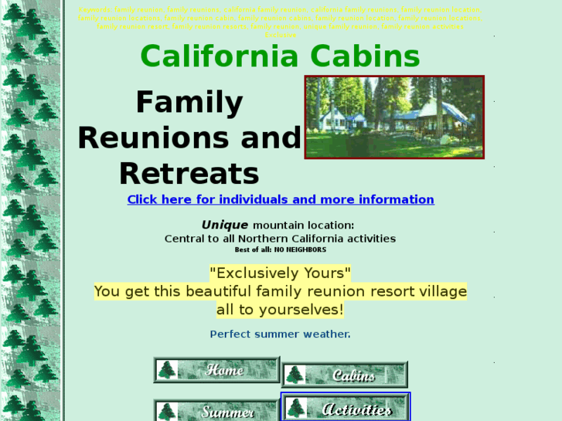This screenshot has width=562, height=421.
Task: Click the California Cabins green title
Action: coord(280,57)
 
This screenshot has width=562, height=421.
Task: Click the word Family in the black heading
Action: coord(189,103)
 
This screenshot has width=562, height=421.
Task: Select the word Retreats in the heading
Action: coord(189,174)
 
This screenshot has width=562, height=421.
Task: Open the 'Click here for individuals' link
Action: coord(280,199)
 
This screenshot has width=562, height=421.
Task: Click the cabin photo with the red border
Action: coord(394,117)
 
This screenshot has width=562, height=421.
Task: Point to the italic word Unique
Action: coord(225,225)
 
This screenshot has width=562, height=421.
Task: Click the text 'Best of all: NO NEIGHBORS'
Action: coord(280,250)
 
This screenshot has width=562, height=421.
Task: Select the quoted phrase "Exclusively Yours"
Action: coord(280,273)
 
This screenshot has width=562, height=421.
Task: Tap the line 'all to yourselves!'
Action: coord(280,310)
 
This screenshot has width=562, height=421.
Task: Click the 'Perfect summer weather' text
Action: coord(280,334)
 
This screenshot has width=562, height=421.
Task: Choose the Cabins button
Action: coord(345,375)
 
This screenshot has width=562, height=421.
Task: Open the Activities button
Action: coord(346,409)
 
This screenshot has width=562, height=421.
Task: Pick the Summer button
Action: coord(217,411)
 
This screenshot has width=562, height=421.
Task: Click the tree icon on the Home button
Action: coord(167,370)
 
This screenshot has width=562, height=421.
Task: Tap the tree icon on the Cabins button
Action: coord(295,375)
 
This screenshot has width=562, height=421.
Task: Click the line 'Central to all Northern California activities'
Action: coord(280,239)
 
